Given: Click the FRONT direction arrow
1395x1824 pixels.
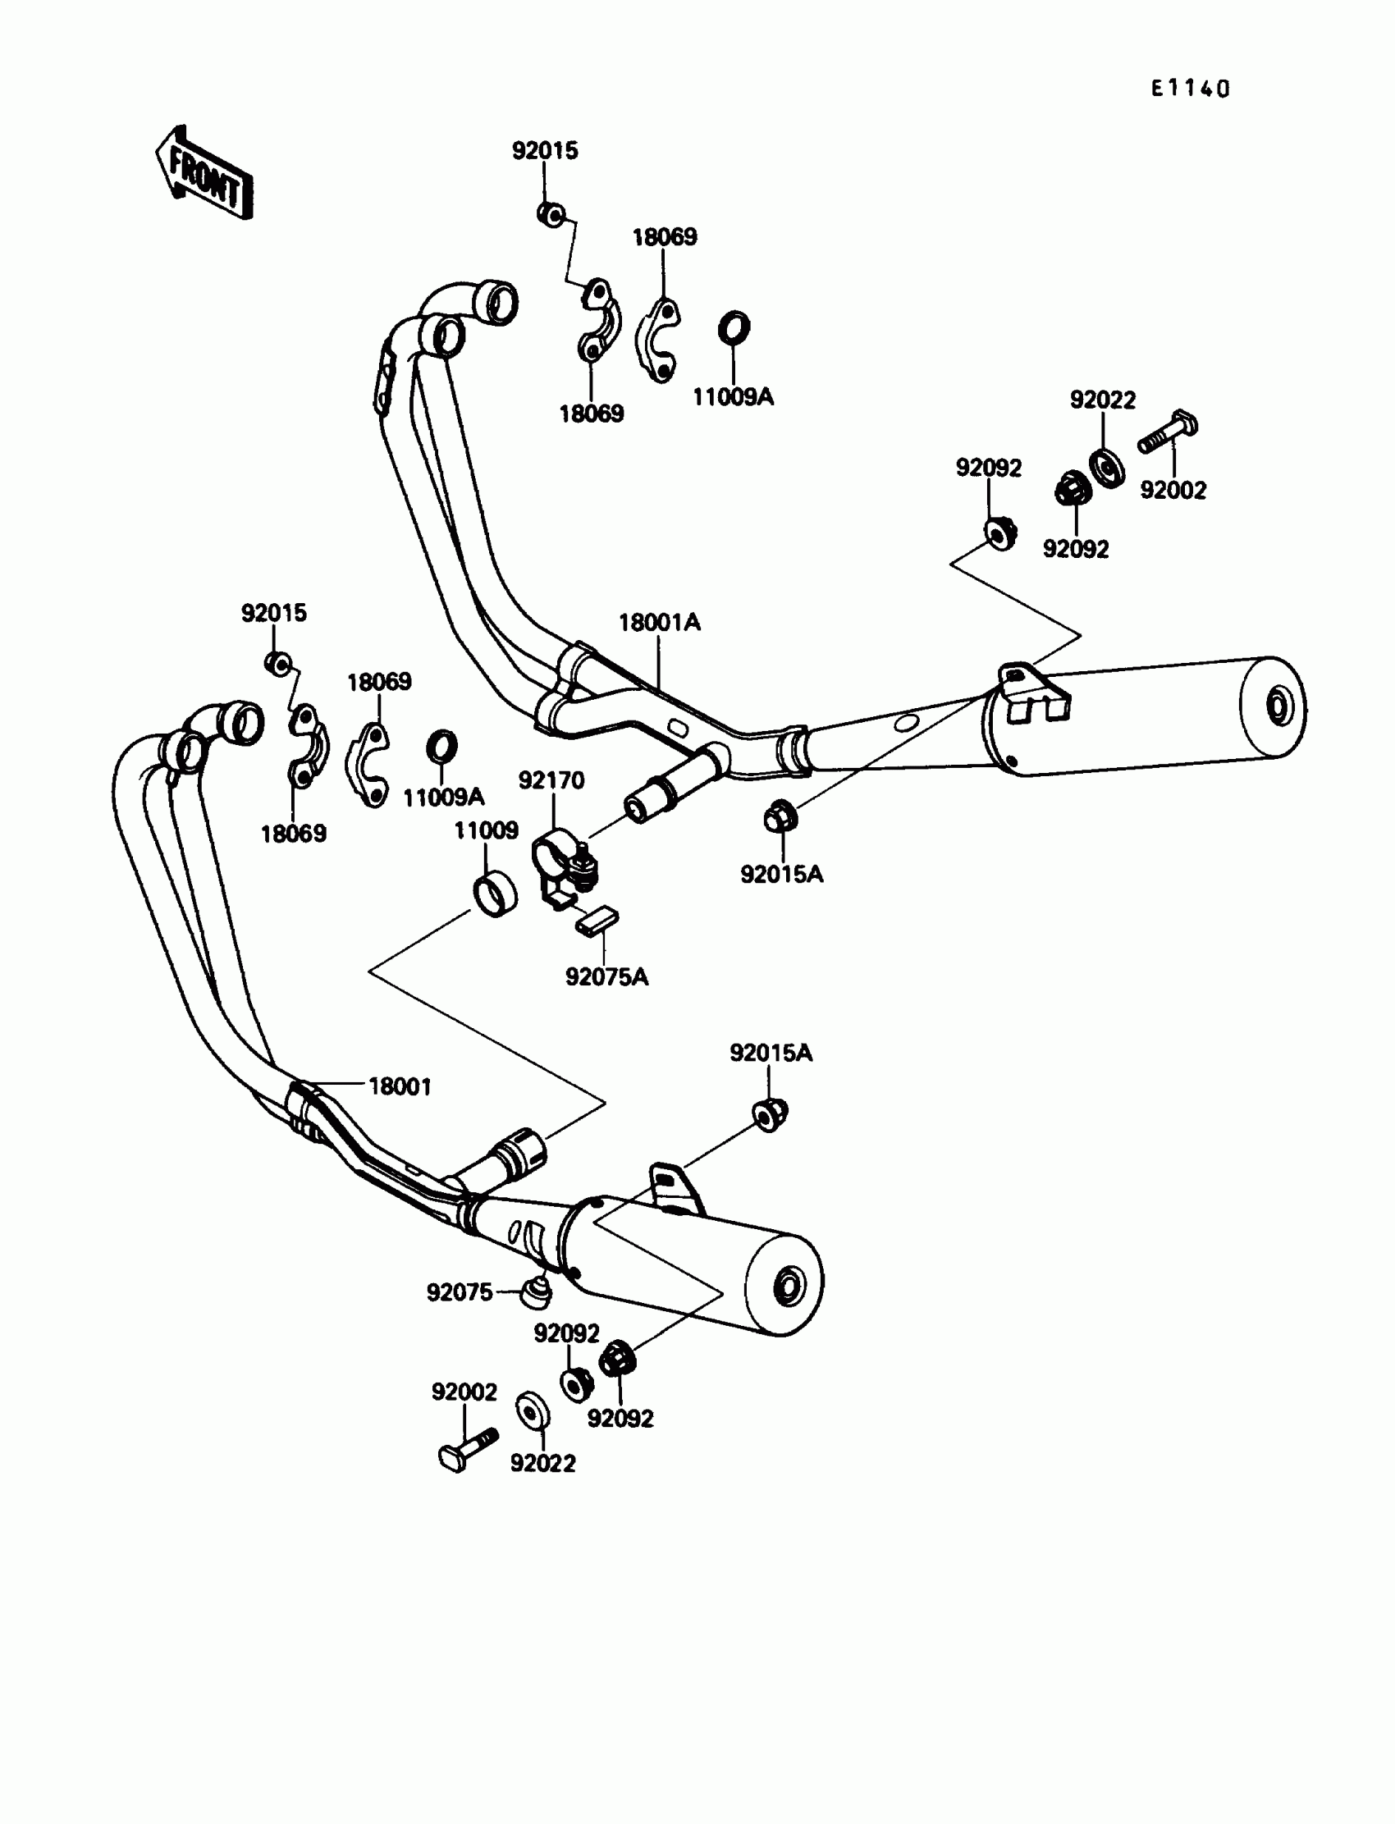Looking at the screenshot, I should (x=204, y=174).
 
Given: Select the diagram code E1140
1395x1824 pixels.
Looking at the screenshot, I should (x=1189, y=89).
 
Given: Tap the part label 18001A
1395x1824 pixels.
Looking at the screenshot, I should (x=659, y=622).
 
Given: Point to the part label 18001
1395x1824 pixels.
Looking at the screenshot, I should (x=400, y=1086).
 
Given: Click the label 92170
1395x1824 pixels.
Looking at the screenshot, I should (x=551, y=780).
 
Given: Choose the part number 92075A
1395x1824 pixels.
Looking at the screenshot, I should (x=606, y=977).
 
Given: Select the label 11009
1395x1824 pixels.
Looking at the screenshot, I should (x=486, y=830).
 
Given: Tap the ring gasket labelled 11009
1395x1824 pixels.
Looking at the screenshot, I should (x=494, y=896).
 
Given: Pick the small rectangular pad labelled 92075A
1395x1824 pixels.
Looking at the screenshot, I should (x=598, y=921).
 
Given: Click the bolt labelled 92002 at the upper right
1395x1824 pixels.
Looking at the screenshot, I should (x=1168, y=432).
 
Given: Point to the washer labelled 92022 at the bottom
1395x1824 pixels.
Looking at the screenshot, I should (x=533, y=1410).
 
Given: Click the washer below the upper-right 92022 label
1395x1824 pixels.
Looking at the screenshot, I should (x=1106, y=468).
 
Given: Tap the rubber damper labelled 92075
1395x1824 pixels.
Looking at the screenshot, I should (x=536, y=1291).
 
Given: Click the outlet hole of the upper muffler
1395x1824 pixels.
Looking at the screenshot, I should (x=1277, y=706).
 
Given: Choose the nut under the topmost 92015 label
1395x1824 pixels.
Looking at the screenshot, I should (x=550, y=214).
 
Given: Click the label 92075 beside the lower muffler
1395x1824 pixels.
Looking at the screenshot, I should (x=460, y=1292).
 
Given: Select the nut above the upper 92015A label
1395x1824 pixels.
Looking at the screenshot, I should (x=780, y=818).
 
